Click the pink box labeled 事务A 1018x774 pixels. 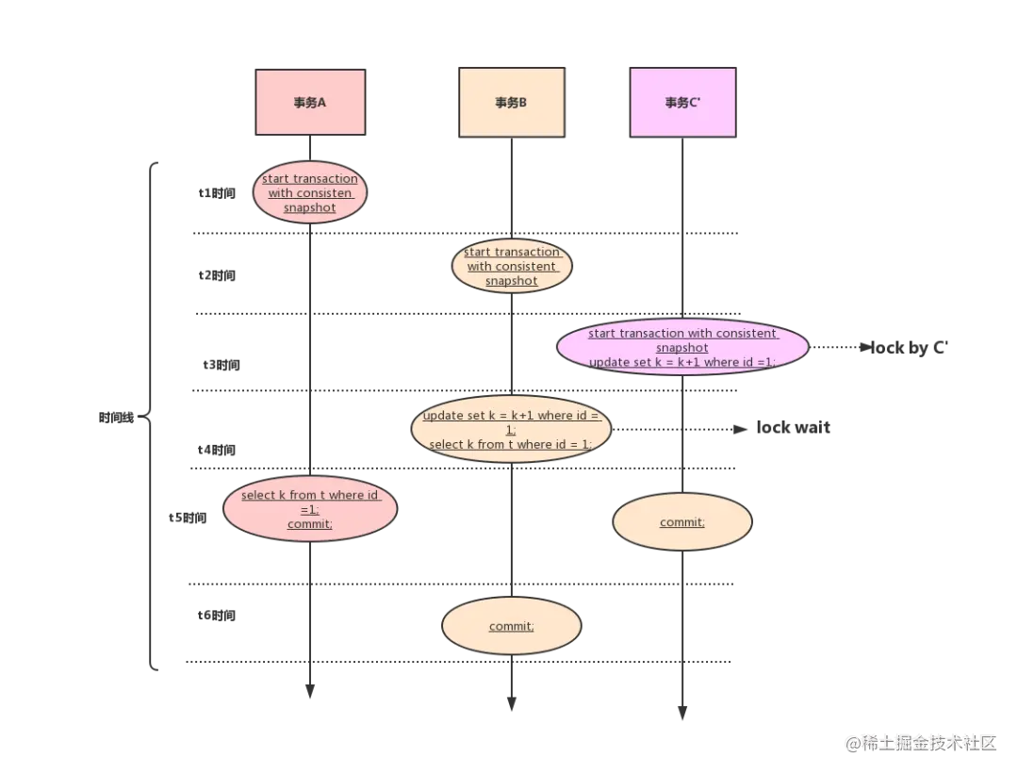310,103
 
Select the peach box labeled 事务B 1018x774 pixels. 510,103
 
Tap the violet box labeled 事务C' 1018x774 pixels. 682,103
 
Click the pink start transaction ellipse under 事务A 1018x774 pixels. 309,193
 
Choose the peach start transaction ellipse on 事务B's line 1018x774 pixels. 512,267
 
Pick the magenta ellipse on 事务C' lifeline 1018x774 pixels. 682,347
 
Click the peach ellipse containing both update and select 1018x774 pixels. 511,429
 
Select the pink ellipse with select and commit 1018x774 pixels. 310,509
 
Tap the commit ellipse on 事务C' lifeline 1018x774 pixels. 681,522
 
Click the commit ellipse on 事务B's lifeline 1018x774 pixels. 511,627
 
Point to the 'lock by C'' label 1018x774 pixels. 910,348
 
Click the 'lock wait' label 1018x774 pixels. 796,429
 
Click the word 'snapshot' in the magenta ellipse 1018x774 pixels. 682,348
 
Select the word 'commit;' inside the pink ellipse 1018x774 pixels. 310,524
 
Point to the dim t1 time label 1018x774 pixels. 219,193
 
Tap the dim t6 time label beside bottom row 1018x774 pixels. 219,617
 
